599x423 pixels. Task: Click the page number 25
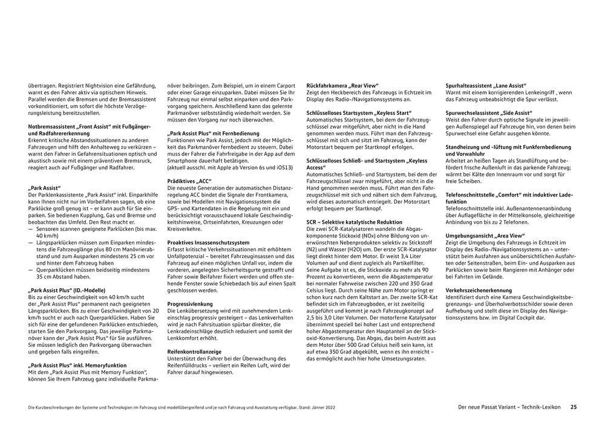pos(574,407)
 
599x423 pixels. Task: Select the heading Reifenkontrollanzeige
pos(194,351)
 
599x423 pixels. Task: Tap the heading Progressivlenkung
pos(190,304)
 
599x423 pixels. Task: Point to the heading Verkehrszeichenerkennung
pos(480,290)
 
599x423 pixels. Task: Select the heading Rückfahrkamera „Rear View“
pos(342,85)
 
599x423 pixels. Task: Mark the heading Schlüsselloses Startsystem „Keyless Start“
pos(359,112)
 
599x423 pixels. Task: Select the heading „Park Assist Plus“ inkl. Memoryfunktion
pos(77,366)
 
